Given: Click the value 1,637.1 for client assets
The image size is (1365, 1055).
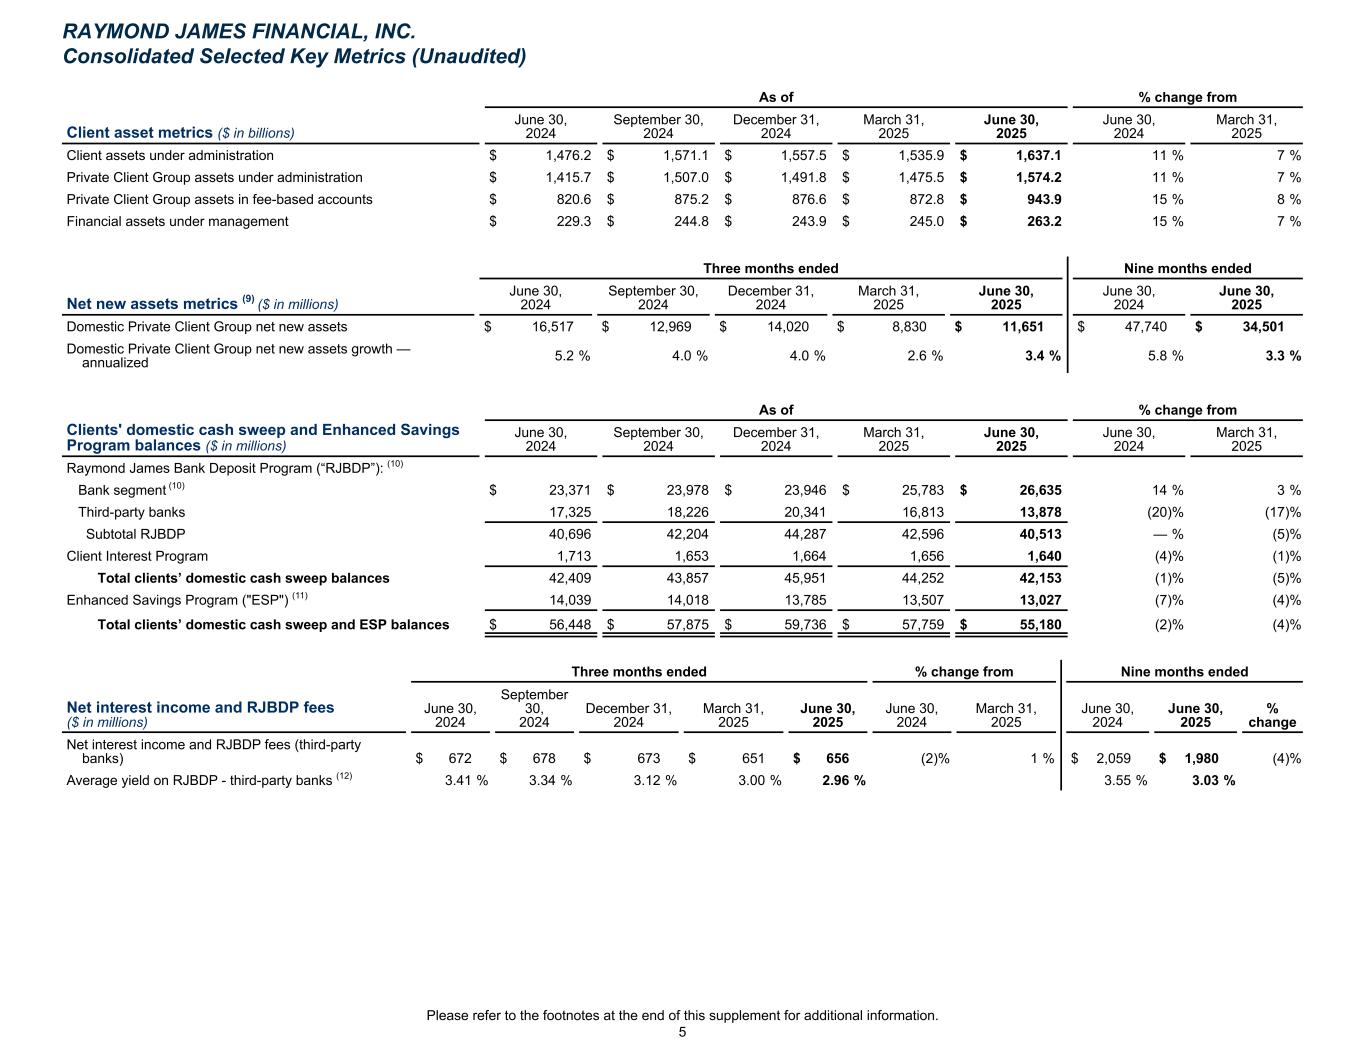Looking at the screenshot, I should click(x=1039, y=156).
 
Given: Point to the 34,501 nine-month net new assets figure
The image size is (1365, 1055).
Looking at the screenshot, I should click(x=1262, y=327).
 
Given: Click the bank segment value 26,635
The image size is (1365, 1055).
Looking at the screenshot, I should click(x=1039, y=491).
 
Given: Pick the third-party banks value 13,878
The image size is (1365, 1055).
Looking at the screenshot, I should click(x=1039, y=513).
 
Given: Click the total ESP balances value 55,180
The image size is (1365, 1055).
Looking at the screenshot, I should click(x=1039, y=626).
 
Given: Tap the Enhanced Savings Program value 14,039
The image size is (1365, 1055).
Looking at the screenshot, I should click(x=569, y=601).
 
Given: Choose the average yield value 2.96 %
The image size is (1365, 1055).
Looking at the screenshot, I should click(x=843, y=781).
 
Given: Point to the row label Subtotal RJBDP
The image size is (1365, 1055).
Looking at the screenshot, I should click(x=135, y=535).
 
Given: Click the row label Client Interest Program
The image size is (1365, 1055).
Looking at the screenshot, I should click(x=137, y=557).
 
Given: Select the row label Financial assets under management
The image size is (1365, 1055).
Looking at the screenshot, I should click(x=177, y=222).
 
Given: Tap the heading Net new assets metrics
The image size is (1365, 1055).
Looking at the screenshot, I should click(x=151, y=304).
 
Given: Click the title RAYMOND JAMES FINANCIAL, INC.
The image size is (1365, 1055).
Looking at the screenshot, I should click(x=239, y=32).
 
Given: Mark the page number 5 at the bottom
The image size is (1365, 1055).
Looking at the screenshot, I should click(x=682, y=1033).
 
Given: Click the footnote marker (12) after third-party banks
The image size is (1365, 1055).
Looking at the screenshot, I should click(x=345, y=777).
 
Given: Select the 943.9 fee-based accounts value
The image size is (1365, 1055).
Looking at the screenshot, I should click(x=1043, y=200).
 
